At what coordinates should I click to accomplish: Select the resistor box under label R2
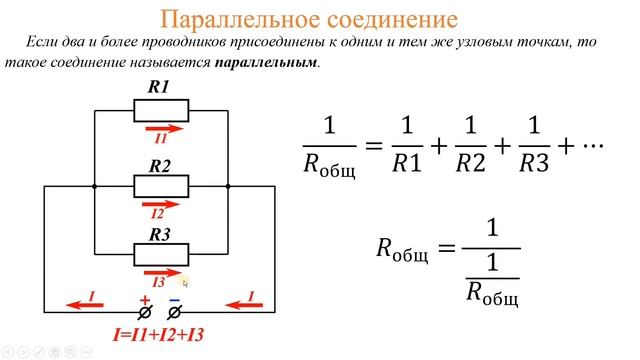[160, 186]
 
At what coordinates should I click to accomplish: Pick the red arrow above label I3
[162, 272]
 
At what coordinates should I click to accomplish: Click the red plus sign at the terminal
[144, 299]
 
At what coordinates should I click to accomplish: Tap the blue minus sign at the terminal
[174, 299]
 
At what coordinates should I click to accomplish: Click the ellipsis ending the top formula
[595, 146]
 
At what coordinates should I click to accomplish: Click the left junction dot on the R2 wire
[92, 186]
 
